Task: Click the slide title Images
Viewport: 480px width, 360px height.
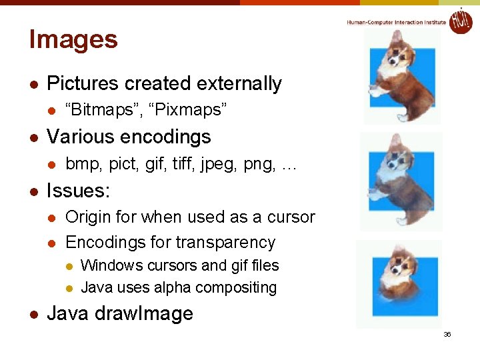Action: click(x=73, y=39)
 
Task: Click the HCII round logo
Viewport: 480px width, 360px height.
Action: click(x=460, y=21)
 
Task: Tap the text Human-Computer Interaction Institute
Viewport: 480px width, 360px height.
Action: click(x=396, y=23)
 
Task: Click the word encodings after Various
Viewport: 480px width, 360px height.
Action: click(x=164, y=137)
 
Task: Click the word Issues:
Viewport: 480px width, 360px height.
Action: click(x=78, y=191)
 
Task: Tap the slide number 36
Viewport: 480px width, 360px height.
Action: click(x=447, y=334)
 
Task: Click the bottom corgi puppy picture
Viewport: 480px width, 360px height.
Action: click(x=400, y=283)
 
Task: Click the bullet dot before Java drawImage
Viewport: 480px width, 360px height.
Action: click(x=33, y=315)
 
